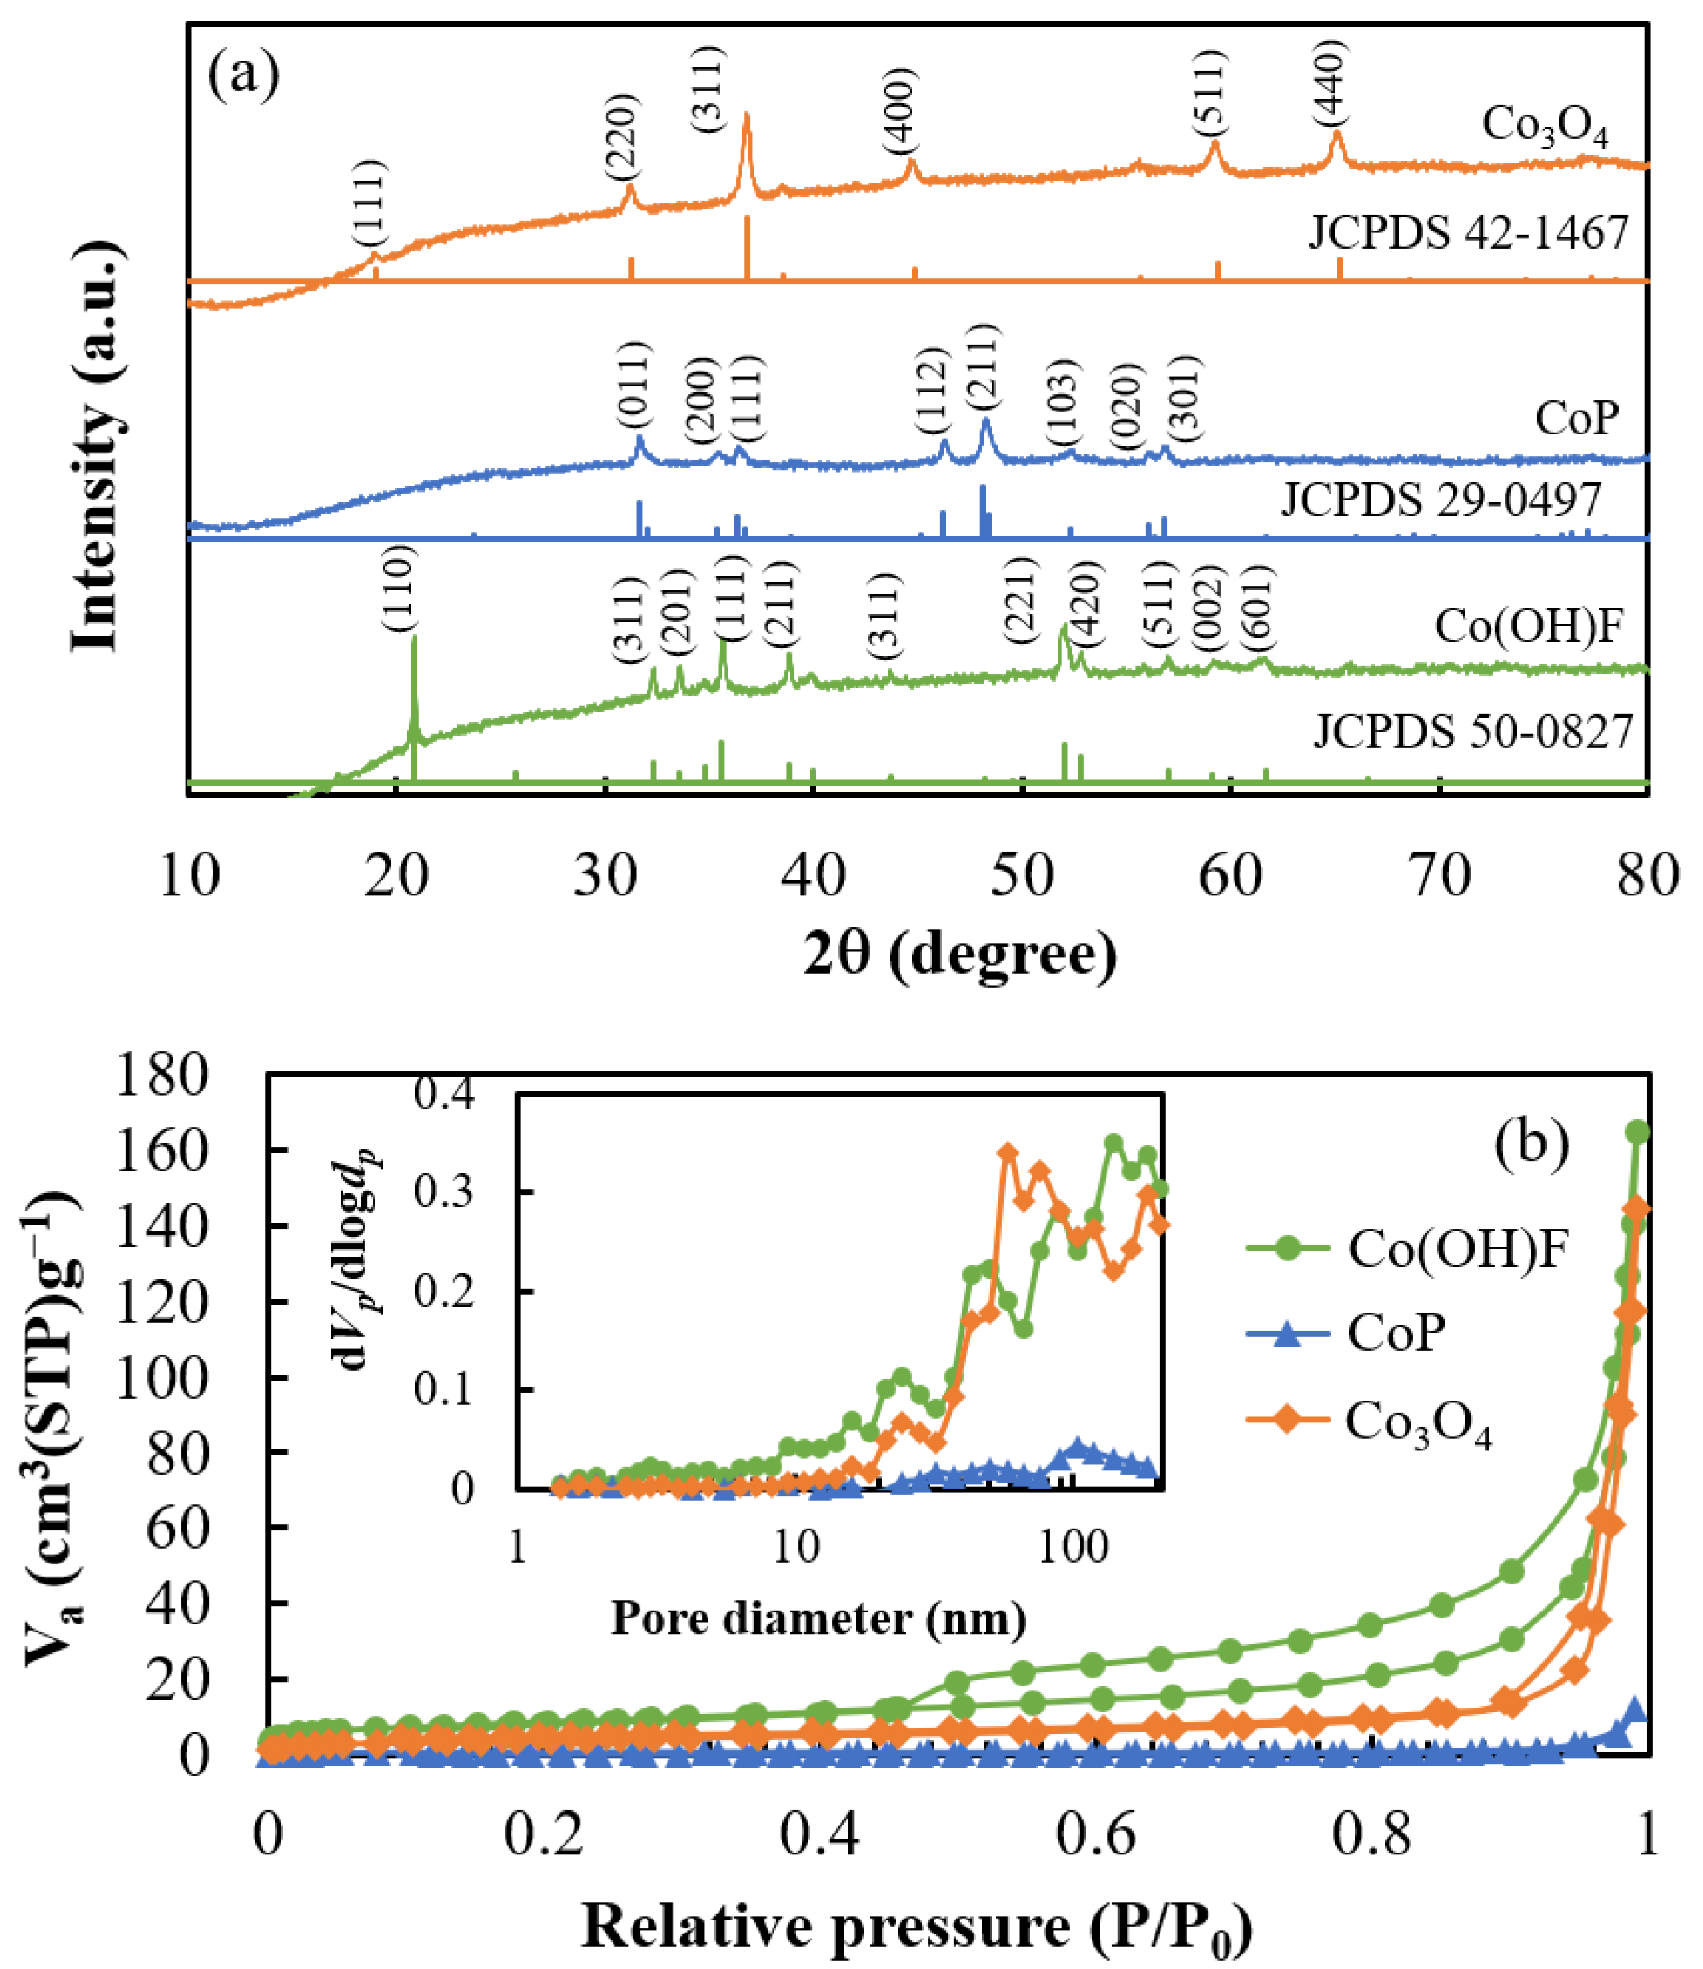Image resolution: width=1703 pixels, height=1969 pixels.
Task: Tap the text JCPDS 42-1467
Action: (1468, 232)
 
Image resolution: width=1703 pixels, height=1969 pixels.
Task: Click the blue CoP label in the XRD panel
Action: (1577, 418)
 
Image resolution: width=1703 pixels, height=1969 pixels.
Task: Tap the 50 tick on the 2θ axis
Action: (1021, 876)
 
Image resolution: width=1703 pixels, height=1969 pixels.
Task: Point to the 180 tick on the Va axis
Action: (161, 1075)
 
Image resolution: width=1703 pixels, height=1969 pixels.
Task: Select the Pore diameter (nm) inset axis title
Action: (818, 1617)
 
